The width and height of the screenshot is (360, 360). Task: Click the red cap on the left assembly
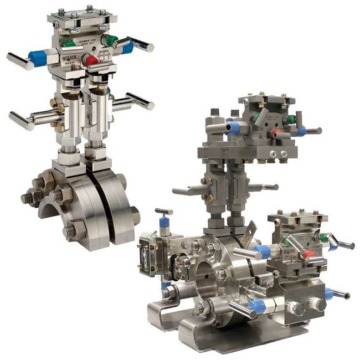tap(91, 60)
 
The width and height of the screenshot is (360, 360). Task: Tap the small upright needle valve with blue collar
tap(164, 222)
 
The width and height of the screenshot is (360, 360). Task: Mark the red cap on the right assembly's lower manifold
tap(308, 254)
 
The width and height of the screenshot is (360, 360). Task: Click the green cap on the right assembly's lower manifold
tap(323, 238)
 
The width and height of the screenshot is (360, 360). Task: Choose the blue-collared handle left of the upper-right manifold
tap(233, 128)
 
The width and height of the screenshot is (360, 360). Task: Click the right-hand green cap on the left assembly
tap(111, 40)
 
